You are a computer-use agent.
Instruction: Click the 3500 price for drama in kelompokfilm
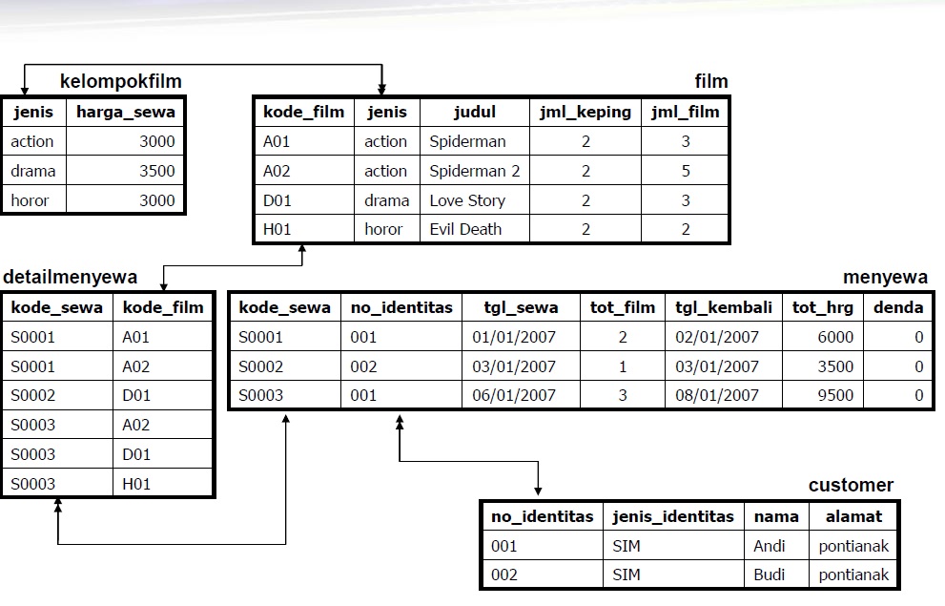point(156,171)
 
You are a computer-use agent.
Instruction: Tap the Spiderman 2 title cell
point(474,171)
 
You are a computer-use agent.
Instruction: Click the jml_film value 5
point(685,171)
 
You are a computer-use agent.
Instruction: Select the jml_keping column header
point(585,112)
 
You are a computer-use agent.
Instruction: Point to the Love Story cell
point(466,200)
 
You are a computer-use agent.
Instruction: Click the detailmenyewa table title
point(71,277)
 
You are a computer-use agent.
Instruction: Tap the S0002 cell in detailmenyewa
point(33,395)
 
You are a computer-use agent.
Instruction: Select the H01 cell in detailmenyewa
point(136,484)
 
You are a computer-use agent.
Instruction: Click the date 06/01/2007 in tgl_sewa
point(513,395)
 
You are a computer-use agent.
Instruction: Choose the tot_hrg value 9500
point(835,395)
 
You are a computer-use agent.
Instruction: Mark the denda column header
point(898,307)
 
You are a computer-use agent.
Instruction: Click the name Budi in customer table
point(769,575)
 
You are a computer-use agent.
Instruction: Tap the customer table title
point(851,485)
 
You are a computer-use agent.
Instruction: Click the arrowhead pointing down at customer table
point(539,490)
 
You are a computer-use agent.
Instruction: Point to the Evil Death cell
point(464,229)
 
